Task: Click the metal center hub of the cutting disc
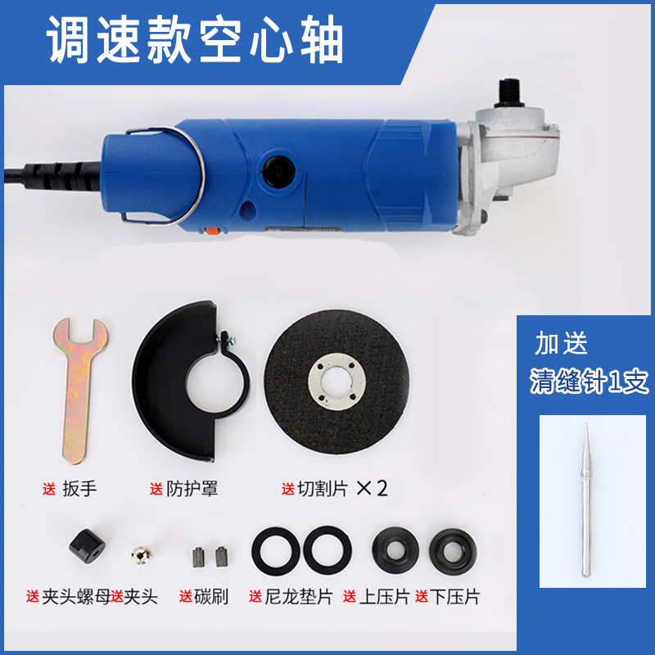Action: point(337,382)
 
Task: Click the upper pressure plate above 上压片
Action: point(395,549)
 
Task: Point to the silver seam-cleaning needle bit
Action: point(586,501)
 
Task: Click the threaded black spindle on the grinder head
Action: point(509,93)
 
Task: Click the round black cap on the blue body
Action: point(279,172)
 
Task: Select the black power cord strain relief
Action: point(63,174)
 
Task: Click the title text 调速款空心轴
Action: point(195,40)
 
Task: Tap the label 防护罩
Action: point(192,488)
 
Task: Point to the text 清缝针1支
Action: point(589,381)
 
